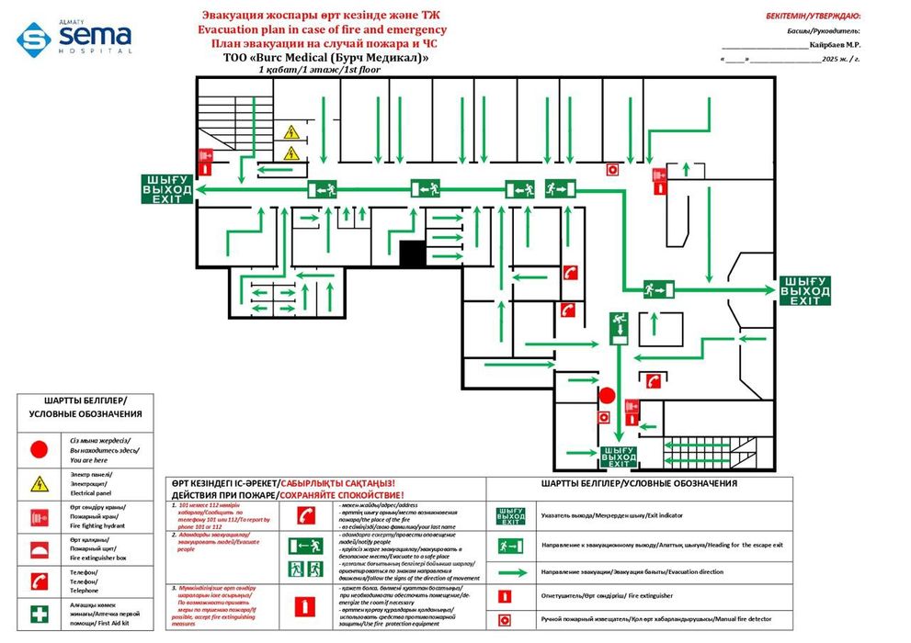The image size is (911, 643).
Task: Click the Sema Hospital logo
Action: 74,38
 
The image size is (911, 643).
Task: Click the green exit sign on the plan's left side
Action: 166,189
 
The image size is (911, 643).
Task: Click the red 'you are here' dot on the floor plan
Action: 607,396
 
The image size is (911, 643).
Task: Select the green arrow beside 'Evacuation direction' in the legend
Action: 511,571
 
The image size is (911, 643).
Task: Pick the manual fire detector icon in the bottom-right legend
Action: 504,620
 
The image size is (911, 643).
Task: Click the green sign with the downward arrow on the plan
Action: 617,328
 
